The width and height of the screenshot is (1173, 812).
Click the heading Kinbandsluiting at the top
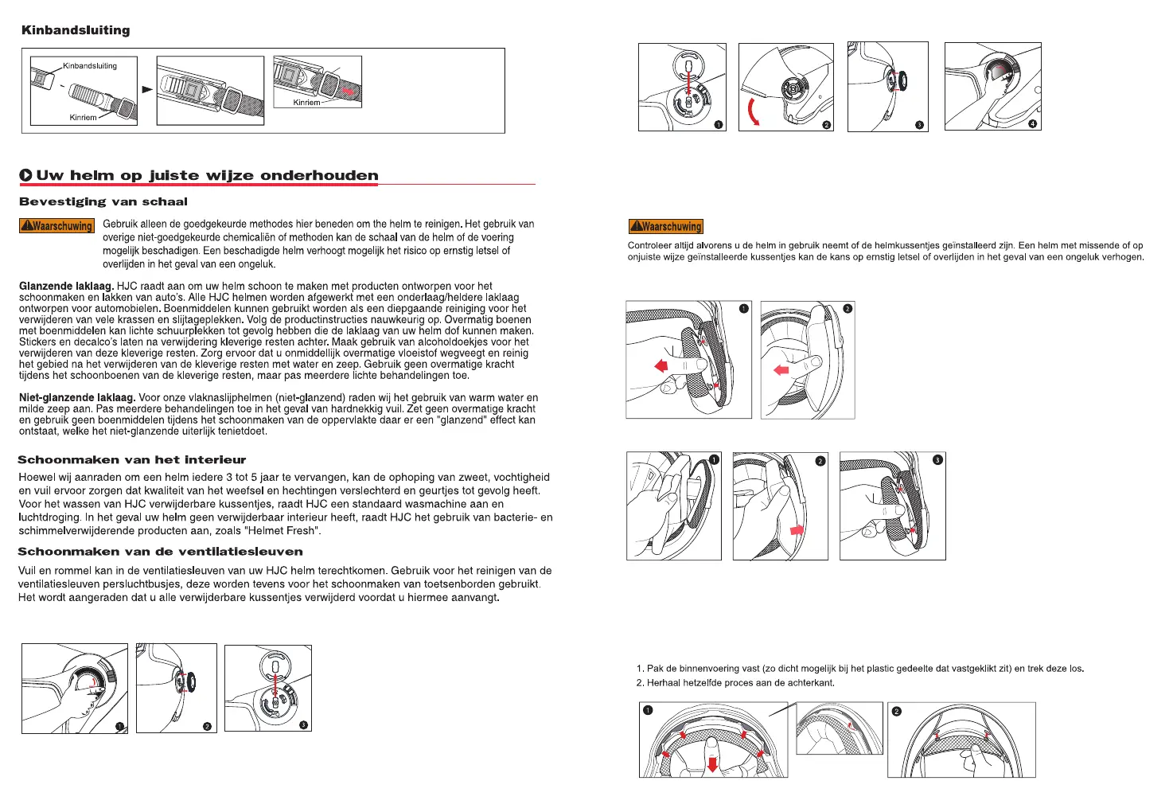(x=76, y=30)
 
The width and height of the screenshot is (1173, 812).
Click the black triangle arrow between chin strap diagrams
(x=147, y=89)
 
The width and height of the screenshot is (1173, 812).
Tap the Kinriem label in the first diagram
(x=83, y=118)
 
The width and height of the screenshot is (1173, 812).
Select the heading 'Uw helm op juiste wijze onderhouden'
(x=207, y=175)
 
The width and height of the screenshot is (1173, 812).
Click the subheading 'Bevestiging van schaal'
(x=103, y=202)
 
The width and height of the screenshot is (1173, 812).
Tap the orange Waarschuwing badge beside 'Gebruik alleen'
(x=57, y=226)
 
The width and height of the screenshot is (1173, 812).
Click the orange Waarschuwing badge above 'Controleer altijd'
(x=666, y=226)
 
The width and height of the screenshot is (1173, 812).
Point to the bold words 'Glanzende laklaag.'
(x=66, y=286)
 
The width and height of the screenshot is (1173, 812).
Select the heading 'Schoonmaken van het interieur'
(x=132, y=459)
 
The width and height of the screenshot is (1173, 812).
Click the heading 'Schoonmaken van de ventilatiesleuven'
(x=160, y=551)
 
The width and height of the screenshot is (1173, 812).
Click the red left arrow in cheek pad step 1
(x=661, y=366)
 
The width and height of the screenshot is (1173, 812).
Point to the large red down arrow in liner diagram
(x=713, y=764)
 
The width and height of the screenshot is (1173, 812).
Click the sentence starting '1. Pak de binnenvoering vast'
(x=859, y=669)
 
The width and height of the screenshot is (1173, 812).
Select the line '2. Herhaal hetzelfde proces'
(x=735, y=683)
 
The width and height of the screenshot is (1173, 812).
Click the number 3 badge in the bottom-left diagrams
(x=303, y=724)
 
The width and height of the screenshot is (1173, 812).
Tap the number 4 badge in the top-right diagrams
(x=1032, y=124)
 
